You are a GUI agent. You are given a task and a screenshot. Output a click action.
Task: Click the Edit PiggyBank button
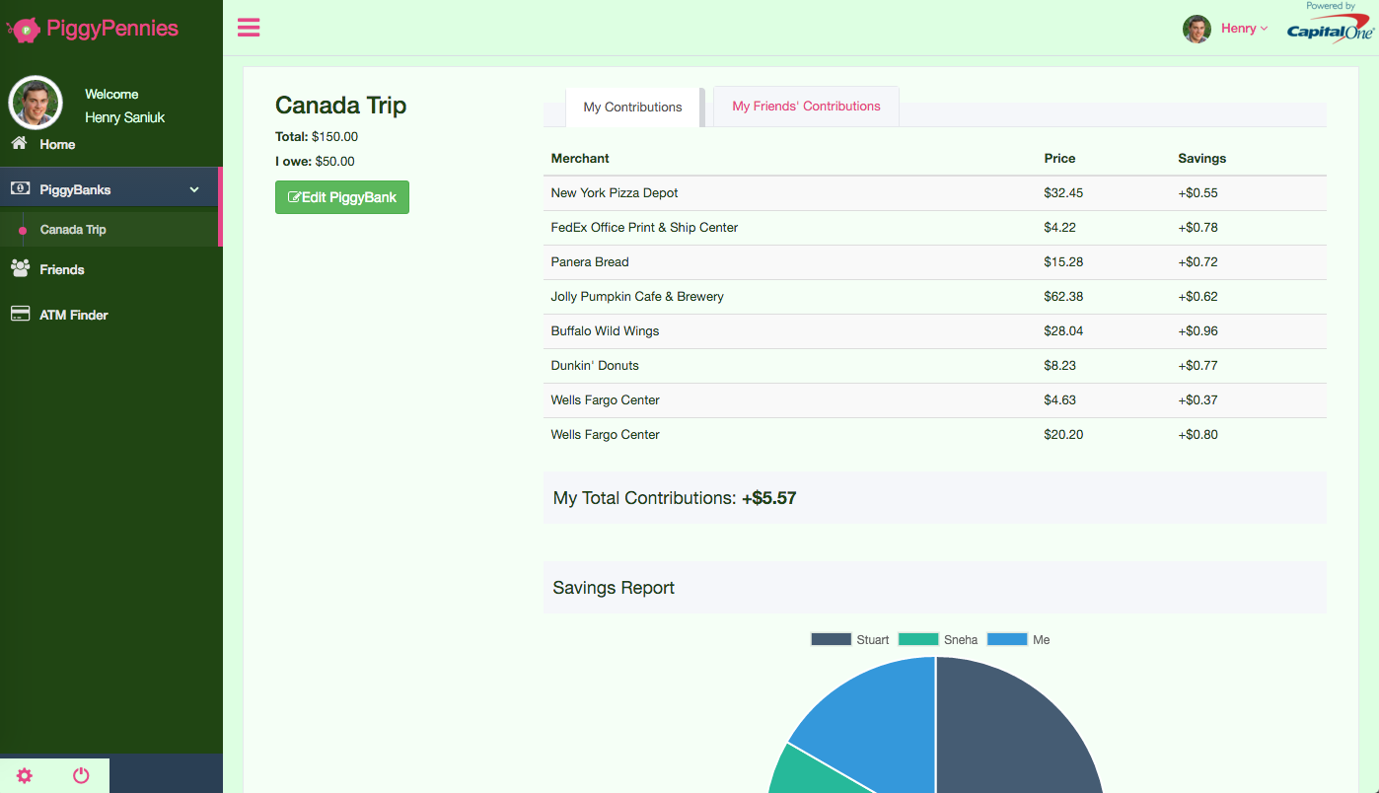341,197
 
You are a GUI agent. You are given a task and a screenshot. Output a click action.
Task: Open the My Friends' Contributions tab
806,107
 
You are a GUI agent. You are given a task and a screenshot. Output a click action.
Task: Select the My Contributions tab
632,108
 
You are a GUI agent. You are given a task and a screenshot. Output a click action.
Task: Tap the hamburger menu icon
249,28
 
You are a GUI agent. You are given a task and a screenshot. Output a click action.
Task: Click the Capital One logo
1330,30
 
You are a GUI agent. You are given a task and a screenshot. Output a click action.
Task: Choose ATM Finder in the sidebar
73,315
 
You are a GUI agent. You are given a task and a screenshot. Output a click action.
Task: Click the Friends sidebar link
61,269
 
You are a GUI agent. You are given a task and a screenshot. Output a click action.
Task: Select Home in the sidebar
57,144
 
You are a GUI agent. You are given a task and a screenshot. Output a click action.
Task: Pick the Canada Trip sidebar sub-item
73,230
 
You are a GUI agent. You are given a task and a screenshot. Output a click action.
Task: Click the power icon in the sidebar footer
81,775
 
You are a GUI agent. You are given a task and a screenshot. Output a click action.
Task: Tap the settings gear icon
25,775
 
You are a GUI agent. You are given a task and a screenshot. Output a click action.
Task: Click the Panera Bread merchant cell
590,262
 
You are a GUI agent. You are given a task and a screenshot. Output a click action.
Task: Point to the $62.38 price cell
1063,297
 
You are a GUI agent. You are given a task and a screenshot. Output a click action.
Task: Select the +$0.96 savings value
1198,331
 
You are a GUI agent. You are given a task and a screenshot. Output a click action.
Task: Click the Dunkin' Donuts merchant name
595,366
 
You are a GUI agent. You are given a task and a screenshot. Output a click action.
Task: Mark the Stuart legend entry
850,640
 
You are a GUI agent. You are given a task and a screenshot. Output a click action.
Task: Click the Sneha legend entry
938,640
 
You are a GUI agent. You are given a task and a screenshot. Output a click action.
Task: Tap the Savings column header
1201,159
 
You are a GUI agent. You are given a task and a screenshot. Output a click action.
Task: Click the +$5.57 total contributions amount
769,498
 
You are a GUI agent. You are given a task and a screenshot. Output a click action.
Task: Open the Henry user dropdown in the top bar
1244,29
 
